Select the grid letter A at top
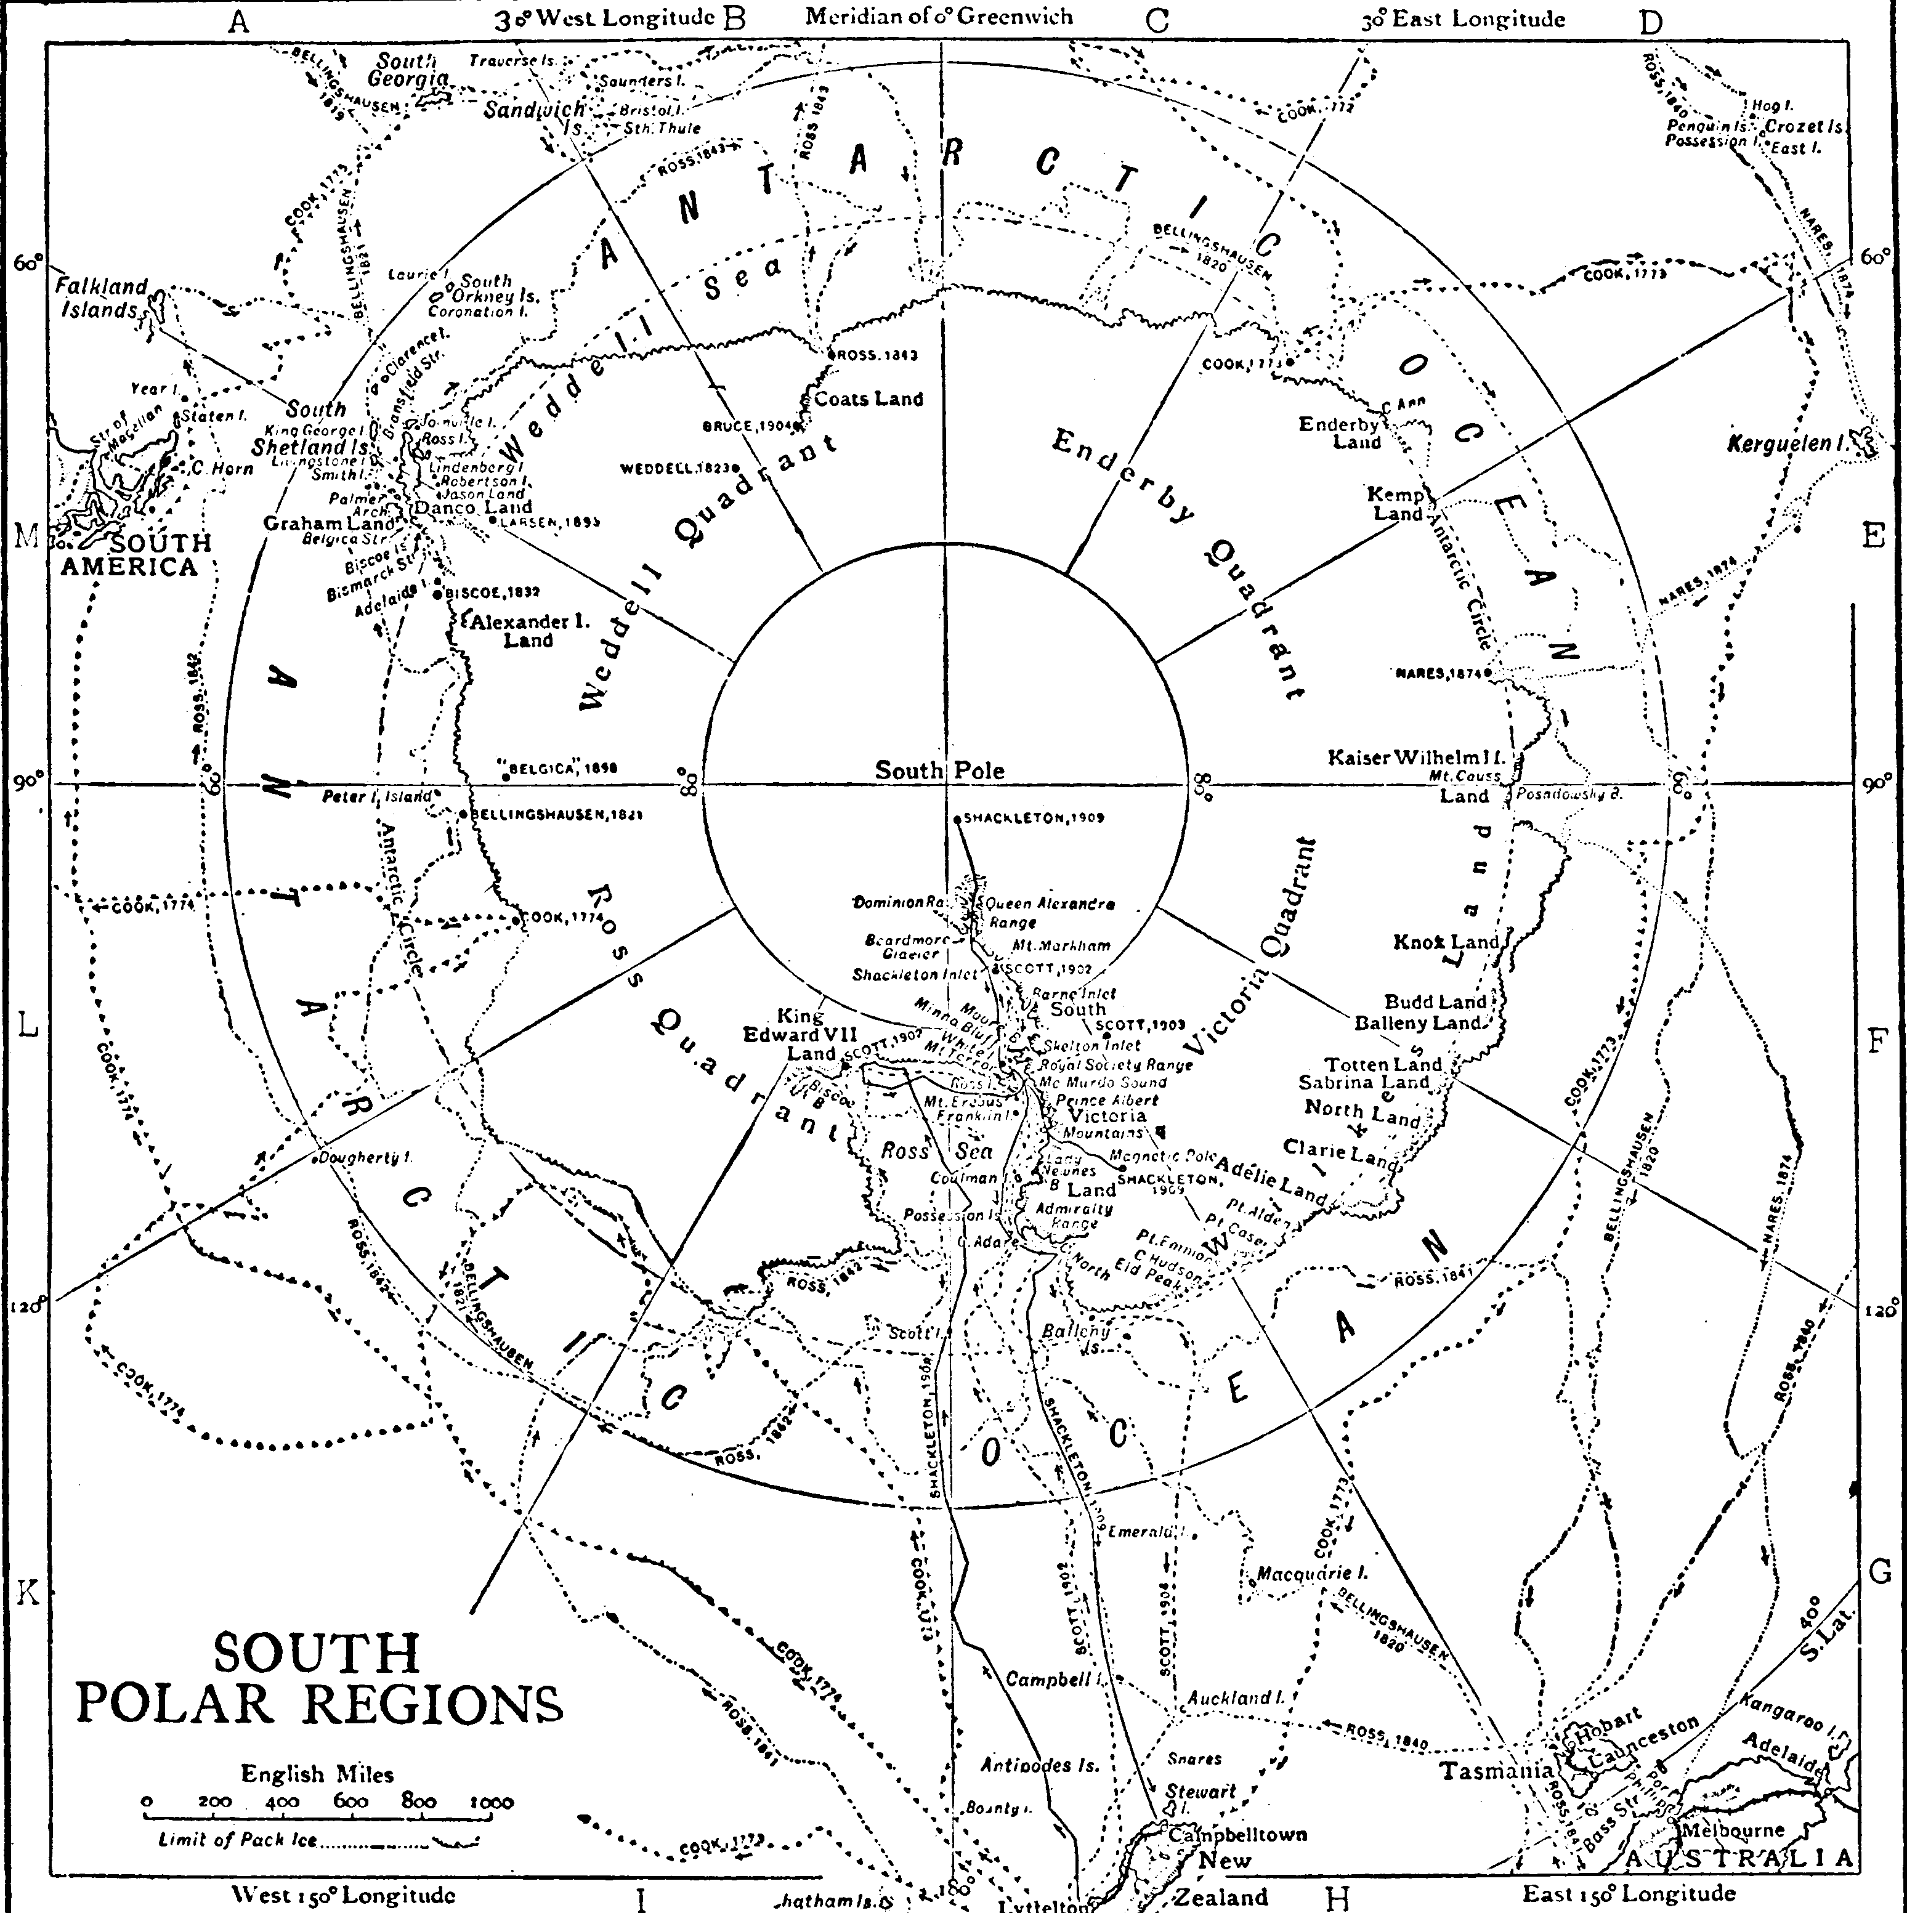238,22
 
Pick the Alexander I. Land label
528,629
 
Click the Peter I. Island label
377,795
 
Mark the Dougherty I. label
365,1157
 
